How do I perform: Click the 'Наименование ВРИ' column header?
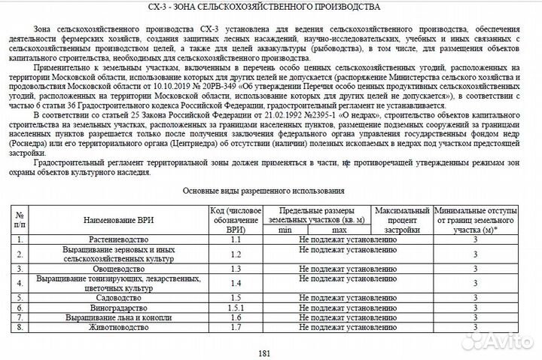click(119, 219)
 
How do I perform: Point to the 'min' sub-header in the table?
click(286, 229)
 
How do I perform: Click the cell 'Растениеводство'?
click(119, 239)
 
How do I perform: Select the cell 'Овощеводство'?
click(119, 268)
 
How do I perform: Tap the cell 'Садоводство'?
click(119, 297)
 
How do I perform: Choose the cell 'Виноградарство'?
click(119, 308)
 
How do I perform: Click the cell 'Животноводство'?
click(119, 328)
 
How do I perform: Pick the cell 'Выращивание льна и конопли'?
click(119, 318)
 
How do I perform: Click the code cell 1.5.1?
click(235, 308)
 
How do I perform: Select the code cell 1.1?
click(235, 239)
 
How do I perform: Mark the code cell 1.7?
click(235, 328)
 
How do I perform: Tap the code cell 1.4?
click(235, 282)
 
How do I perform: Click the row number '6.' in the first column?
click(21, 308)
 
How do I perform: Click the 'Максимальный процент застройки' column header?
click(400, 218)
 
